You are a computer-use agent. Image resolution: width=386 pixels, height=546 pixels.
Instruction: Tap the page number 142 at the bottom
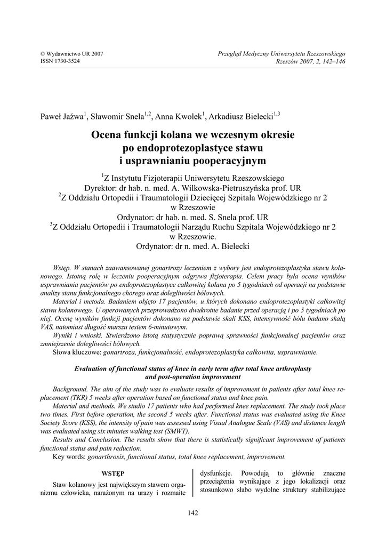pyautogui.click(x=193, y=513)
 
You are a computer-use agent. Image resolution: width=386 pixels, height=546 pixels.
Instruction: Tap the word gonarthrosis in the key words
pyautogui.click(x=111, y=456)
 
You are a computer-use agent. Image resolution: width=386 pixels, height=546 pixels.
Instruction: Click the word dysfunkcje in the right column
pyautogui.click(x=215, y=473)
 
